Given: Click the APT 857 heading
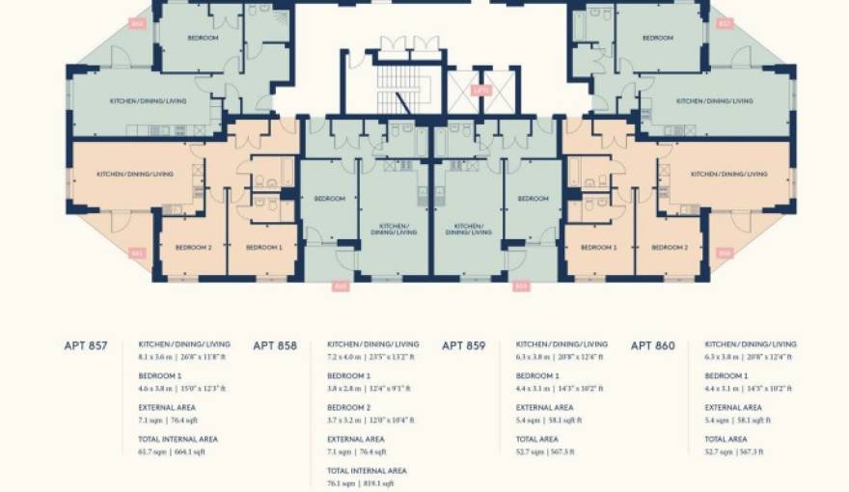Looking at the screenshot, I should (x=86, y=345).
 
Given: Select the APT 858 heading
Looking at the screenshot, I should (x=275, y=345).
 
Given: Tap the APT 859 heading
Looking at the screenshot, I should (x=464, y=345).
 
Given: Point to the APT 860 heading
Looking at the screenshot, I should (x=653, y=345).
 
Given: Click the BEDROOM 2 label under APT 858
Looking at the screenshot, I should (x=348, y=407).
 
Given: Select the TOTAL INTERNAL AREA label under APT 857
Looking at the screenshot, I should (x=178, y=439).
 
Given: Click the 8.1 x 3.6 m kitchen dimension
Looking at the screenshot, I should (x=154, y=356).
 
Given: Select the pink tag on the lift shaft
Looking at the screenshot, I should (x=481, y=91).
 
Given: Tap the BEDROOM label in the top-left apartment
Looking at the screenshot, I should (x=203, y=38).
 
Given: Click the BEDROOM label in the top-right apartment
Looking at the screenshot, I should (x=658, y=38).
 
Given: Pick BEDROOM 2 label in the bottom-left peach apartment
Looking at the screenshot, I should (x=193, y=248).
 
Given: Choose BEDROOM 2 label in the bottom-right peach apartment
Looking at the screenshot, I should (x=668, y=248).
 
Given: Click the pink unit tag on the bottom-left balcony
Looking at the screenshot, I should (x=137, y=254).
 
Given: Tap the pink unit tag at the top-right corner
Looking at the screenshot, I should (x=726, y=22).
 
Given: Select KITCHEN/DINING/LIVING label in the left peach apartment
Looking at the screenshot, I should (x=135, y=175).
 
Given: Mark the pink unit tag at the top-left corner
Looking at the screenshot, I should (x=137, y=22).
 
